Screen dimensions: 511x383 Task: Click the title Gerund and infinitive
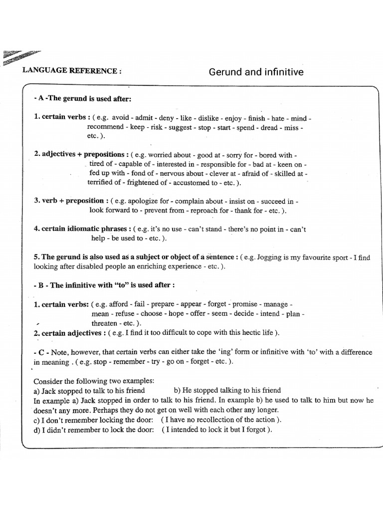256,72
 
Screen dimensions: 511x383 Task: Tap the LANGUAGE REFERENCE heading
72,71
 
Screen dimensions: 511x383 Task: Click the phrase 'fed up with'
106,173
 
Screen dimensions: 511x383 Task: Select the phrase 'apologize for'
148,201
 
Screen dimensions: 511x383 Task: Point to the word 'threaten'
106,323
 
